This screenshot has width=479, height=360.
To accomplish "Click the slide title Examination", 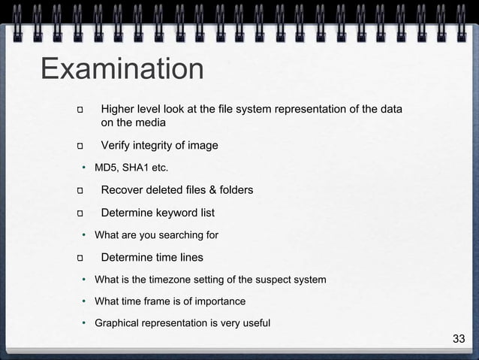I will click(122, 69).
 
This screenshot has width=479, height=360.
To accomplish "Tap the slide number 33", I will click(459, 339).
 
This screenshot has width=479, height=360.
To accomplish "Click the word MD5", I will click(106, 167).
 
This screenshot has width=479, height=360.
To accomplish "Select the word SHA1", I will click(136, 167).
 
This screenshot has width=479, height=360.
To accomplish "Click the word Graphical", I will click(118, 323).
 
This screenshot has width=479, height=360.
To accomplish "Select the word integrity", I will click(158, 145).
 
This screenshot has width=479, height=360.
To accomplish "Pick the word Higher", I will click(119, 109).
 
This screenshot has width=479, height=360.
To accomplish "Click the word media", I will click(149, 123).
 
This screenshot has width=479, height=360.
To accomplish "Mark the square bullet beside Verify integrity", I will click(80, 146).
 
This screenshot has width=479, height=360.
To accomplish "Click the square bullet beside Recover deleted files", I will click(80, 190).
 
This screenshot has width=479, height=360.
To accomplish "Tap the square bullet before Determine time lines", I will click(80, 259).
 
